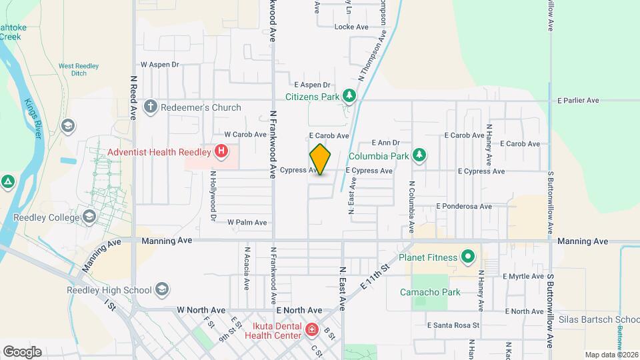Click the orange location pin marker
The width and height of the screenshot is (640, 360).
pyautogui.click(x=320, y=159)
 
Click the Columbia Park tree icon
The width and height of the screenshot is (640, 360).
pyautogui.click(x=419, y=156)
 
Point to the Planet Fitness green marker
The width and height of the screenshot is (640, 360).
pyautogui.click(x=468, y=257)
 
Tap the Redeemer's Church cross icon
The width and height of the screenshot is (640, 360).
pyautogui.click(x=151, y=107)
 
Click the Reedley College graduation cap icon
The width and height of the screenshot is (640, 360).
pyautogui.click(x=89, y=217)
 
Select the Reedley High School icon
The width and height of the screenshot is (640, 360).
pyautogui.click(x=161, y=289)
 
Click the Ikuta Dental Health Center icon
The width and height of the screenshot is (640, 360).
pyautogui.click(x=311, y=329)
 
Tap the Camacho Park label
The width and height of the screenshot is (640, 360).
pyautogui.click(x=430, y=292)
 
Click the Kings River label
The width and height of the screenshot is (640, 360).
pyautogui.click(x=34, y=119)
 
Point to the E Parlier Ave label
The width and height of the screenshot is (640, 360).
pyautogui.click(x=578, y=101)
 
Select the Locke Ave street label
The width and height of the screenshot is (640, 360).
pyautogui.click(x=351, y=27)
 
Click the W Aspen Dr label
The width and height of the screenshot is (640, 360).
pyautogui.click(x=160, y=65)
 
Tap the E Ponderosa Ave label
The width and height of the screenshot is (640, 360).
pyautogui.click(x=464, y=207)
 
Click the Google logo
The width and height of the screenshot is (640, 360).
pyautogui.click(x=22, y=351)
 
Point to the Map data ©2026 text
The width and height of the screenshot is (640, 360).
pyautogui.click(x=611, y=355)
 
